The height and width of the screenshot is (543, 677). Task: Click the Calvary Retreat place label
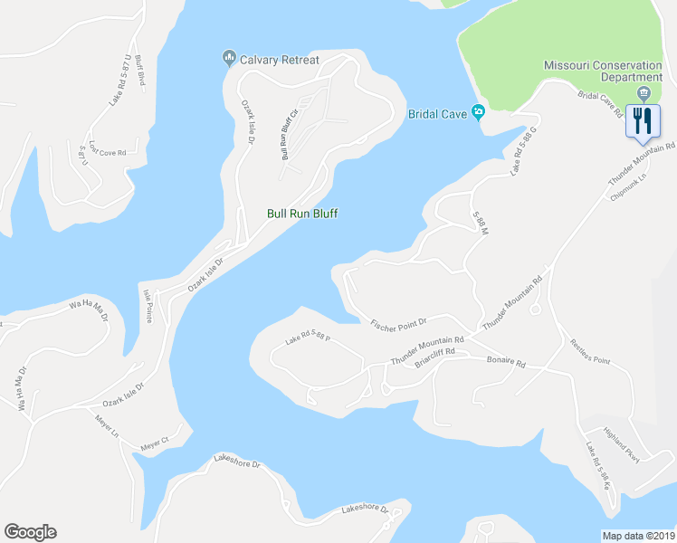point(279,60)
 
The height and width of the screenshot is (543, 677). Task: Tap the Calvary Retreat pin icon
point(228,60)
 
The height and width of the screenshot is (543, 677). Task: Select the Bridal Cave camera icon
point(478,113)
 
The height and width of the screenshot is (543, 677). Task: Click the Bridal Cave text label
point(437,114)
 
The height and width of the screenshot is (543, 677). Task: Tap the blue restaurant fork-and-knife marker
point(643,121)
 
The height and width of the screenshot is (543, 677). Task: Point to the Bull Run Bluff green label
point(302,214)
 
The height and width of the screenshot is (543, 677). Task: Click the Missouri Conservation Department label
point(608,71)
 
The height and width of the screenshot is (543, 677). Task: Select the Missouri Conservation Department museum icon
point(644,92)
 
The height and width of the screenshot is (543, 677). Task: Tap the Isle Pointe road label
point(148,307)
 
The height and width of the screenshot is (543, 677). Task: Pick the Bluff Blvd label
point(141,70)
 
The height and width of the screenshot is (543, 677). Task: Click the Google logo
point(30,532)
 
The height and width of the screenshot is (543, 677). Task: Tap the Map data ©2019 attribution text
point(637,536)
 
